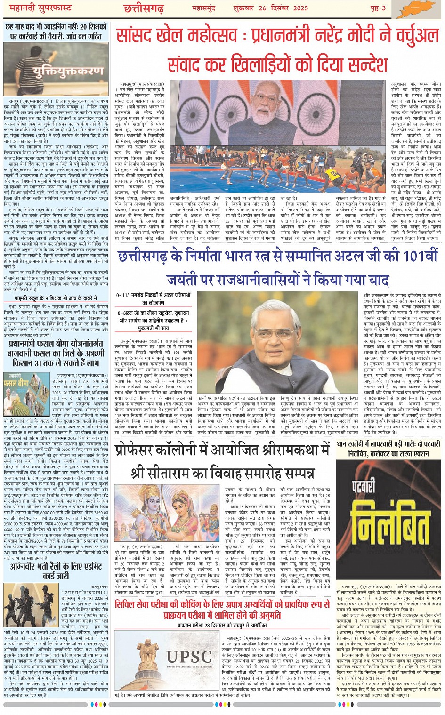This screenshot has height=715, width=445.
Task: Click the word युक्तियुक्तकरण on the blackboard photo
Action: [68, 71]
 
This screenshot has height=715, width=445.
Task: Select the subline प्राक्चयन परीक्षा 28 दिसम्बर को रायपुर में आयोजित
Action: [222, 626]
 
